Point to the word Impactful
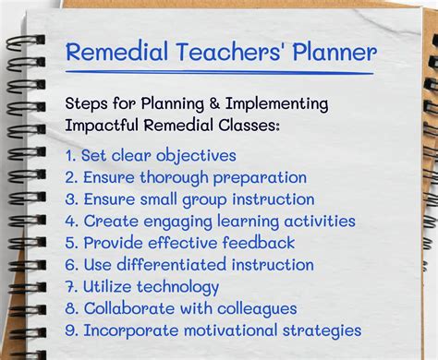pos(104,125)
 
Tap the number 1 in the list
pos(70,155)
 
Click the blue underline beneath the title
pos(220,72)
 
